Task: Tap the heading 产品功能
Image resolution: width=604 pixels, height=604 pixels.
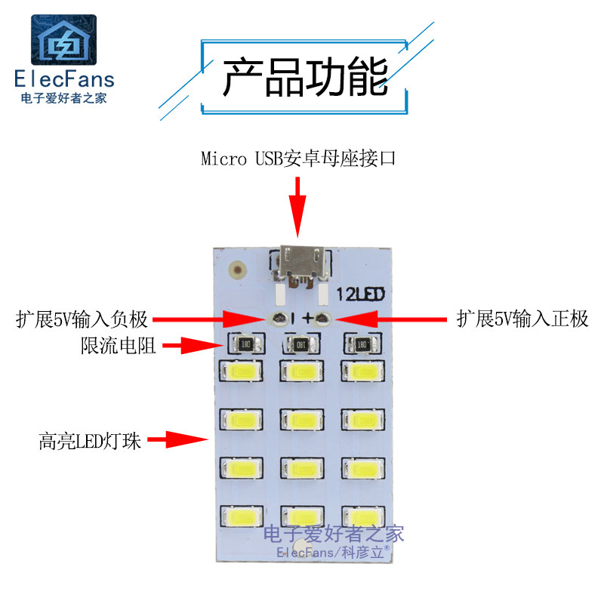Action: click(305, 77)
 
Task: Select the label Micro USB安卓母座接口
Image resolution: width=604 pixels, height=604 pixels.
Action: click(298, 159)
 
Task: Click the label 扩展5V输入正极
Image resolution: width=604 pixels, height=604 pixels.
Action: click(522, 319)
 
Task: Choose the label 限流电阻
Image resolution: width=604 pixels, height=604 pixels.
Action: click(118, 347)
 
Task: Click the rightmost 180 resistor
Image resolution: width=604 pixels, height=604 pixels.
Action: click(361, 345)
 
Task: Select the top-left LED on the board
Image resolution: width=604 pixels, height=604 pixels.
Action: click(241, 371)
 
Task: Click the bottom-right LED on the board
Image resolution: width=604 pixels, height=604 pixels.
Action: click(362, 517)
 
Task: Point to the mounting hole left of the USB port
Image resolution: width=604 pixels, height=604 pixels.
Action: click(239, 268)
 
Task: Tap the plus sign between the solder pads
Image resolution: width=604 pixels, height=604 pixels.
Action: click(307, 319)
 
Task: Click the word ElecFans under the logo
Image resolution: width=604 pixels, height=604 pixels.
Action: click(64, 80)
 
